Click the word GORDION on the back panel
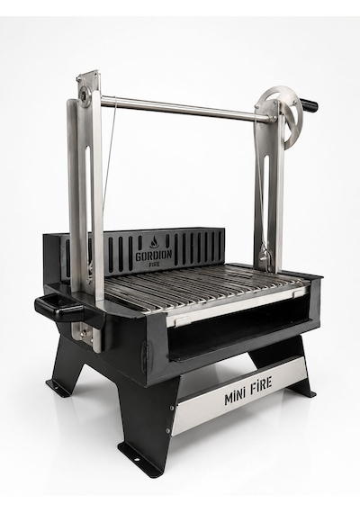click(154, 255)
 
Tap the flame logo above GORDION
click(154, 242)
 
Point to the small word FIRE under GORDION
click(154, 264)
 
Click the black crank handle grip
click(309, 105)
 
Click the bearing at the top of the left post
click(85, 96)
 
